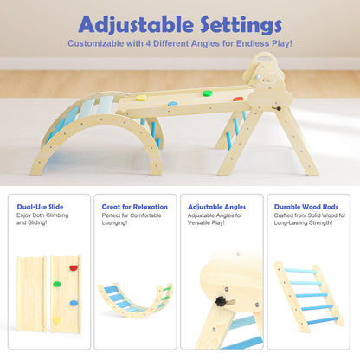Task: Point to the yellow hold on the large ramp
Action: point(140,98)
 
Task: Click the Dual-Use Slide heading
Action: point(40,207)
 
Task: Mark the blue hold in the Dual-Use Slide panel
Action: point(73,303)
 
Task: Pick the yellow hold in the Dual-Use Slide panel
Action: point(58,319)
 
